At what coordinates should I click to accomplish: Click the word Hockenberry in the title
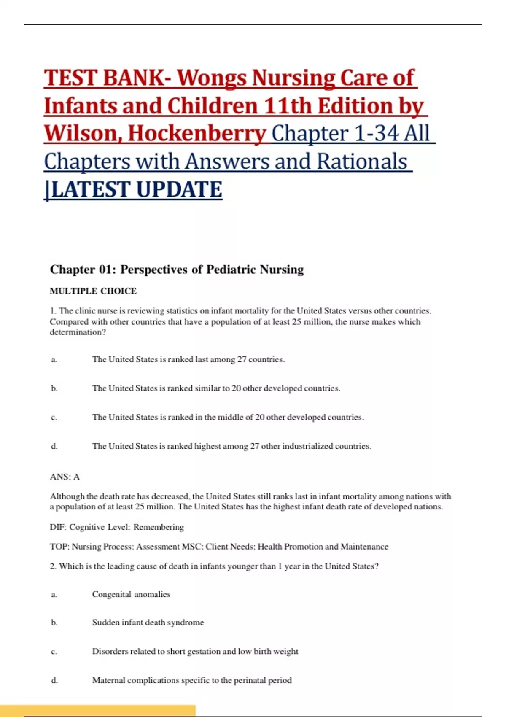coord(197,134)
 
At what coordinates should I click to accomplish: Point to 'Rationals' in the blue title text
coord(362,162)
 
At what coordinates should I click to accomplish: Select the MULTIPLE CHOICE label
coord(93,291)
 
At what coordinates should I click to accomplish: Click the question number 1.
coord(53,311)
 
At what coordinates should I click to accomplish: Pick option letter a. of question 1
coord(54,359)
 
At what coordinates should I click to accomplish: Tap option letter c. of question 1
coord(54,418)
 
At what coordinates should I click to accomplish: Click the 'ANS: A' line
coord(65,477)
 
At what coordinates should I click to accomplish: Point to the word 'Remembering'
coord(159,527)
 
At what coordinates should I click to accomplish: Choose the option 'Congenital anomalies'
coord(131,594)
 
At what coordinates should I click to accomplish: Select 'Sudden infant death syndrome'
coord(148,623)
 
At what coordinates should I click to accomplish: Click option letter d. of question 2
coord(54,680)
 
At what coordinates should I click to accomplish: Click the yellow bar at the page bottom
coord(97,710)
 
